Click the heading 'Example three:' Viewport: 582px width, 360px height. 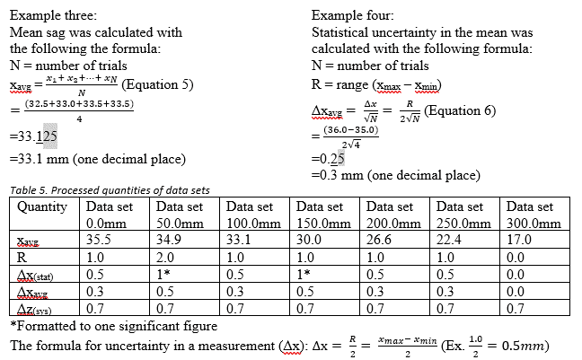53,15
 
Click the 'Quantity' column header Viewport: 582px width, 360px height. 42,207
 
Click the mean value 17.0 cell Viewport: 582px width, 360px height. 518,240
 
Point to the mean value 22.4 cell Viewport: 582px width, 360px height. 448,240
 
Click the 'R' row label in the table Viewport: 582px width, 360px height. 22,256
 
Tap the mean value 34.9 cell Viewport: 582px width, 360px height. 168,240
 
